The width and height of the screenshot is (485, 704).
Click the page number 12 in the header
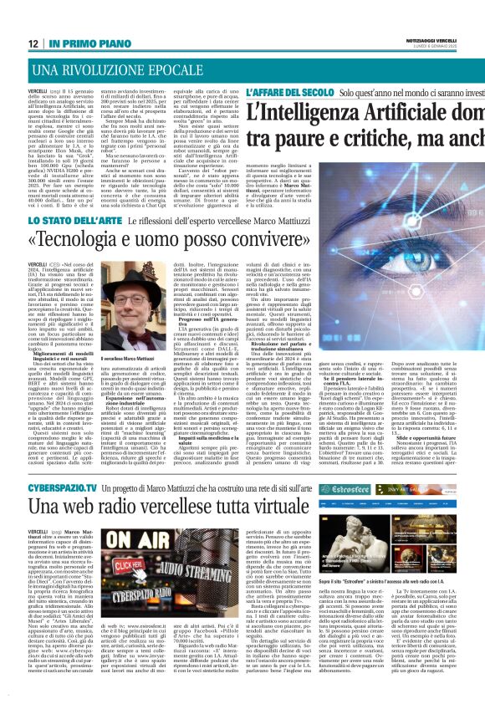click(30, 43)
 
